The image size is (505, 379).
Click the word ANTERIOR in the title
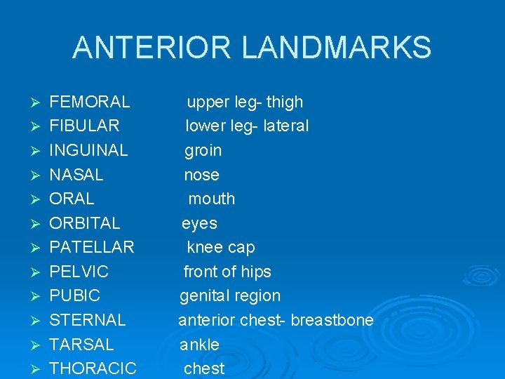coord(151,48)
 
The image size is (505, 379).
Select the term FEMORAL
coord(90,102)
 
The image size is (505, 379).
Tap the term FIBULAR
coord(84,126)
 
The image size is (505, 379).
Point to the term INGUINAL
coord(88,150)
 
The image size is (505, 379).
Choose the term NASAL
coord(76,175)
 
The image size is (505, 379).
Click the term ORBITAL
coord(84,223)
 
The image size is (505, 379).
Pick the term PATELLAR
coord(91,247)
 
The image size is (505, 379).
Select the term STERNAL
coord(87,320)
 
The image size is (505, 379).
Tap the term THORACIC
coord(93,368)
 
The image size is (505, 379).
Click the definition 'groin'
coord(203,151)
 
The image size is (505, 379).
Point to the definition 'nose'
coord(202,175)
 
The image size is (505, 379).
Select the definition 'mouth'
coord(212,199)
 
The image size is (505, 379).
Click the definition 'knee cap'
coord(221,247)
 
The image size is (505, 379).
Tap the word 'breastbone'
coord(332,320)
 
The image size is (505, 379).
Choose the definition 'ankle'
coord(200,345)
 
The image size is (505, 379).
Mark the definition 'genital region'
coord(230,296)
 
